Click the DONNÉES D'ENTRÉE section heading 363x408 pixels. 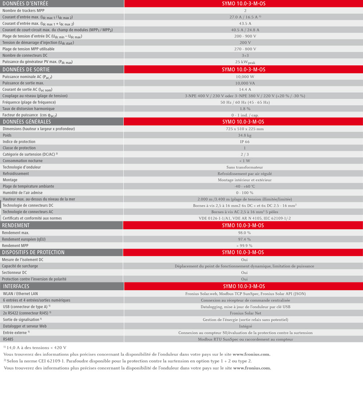pyautogui.click(x=25, y=4)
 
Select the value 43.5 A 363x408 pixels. pyautogui.click(x=245, y=24)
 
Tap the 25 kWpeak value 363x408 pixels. pyautogui.click(x=245, y=62)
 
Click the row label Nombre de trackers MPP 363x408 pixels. pyautogui.click(x=23, y=11)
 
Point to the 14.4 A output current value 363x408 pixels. pyautogui.click(x=245, y=89)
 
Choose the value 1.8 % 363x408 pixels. pyautogui.click(x=245, y=109)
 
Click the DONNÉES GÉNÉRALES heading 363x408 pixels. pyautogui.click(x=26, y=122)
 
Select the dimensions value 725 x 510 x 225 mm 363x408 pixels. pyautogui.click(x=245, y=129)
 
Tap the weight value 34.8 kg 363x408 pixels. pyautogui.click(x=245, y=135)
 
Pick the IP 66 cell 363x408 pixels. pyautogui.click(x=245, y=142)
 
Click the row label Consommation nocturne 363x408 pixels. pyautogui.click(x=23, y=161)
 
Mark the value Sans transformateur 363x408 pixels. pyautogui.click(x=245, y=167)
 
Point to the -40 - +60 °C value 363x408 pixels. pyautogui.click(x=245, y=186)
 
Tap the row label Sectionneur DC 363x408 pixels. pyautogui.click(x=15, y=273)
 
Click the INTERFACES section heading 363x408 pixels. pyautogui.click(x=16, y=286)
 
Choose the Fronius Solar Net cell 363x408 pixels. pyautogui.click(x=245, y=313)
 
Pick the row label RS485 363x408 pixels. pyautogui.click(x=8, y=339)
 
